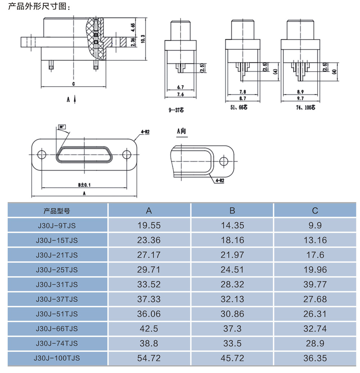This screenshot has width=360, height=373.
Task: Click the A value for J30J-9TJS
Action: (x=149, y=226)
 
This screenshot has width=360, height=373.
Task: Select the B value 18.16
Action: (x=232, y=240)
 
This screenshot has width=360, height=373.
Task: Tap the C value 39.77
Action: (x=315, y=284)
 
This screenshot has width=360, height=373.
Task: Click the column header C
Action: (x=315, y=211)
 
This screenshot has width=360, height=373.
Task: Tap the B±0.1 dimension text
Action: (x=85, y=185)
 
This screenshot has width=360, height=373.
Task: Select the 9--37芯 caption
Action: (x=176, y=110)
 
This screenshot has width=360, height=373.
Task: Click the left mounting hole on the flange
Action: (x=42, y=155)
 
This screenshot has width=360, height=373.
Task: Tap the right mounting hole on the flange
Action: (x=126, y=155)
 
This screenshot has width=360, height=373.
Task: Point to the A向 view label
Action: (x=181, y=132)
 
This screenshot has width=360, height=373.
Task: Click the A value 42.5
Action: (x=149, y=329)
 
